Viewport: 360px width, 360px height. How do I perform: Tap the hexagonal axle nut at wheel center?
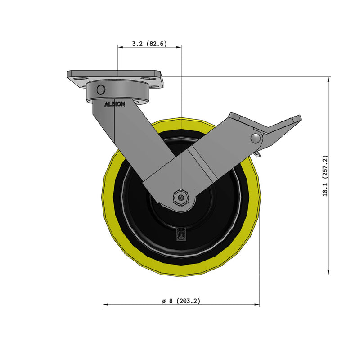tap(180, 198)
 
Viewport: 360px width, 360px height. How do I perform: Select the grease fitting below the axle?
tap(181, 234)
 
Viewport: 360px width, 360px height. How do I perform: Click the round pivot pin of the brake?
tap(256, 138)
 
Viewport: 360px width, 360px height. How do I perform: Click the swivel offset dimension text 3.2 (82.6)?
tap(149, 44)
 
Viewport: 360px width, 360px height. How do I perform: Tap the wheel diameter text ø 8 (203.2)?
tap(181, 301)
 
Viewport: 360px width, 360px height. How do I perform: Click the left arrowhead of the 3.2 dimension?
tap(120, 46)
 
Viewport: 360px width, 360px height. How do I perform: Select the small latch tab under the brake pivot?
tap(258, 154)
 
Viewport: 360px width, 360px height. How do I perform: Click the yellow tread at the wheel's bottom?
tap(181, 270)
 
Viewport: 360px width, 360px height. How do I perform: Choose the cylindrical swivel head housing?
tap(117, 91)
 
